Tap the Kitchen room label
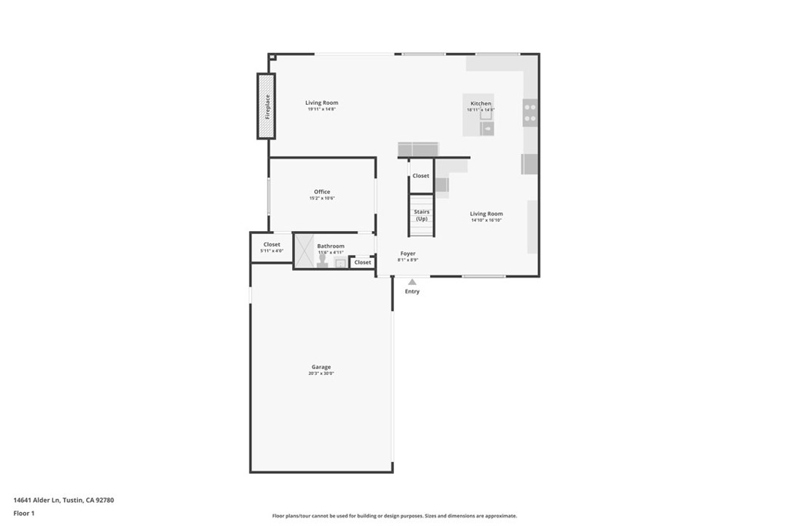click(x=481, y=103)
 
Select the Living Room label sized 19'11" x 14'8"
click(x=321, y=102)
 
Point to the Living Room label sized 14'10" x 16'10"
click(x=486, y=213)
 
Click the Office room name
click(x=321, y=192)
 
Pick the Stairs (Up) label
click(x=421, y=215)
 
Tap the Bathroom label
click(x=331, y=246)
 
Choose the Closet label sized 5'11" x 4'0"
click(x=272, y=245)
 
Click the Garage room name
click(x=321, y=367)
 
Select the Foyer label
click(x=408, y=253)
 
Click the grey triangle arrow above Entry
click(x=412, y=282)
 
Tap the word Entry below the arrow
click(x=412, y=291)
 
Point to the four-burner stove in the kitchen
click(x=530, y=112)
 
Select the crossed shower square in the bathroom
click(x=304, y=250)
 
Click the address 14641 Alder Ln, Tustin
click(x=64, y=500)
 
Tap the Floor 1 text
click(x=24, y=513)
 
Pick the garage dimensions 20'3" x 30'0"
click(x=321, y=374)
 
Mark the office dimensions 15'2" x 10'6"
click(x=321, y=199)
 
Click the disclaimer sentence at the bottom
click(x=394, y=516)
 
